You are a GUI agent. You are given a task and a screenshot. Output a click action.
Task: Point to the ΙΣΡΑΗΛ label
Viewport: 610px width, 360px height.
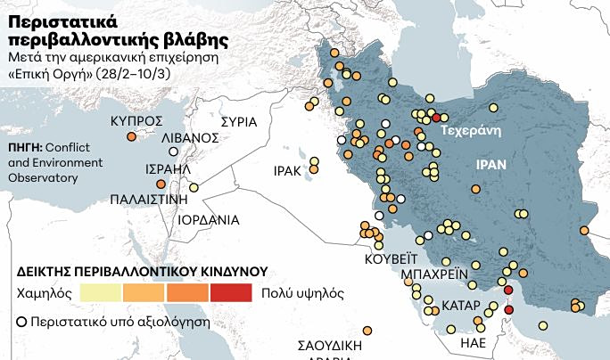pos(167,168)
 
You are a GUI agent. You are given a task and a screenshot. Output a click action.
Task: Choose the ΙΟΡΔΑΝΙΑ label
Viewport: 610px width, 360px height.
pos(209,218)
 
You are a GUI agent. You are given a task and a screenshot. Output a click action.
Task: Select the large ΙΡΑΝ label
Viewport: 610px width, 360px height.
pos(490,165)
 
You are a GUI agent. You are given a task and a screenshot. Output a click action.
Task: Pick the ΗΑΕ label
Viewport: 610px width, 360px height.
pos(473,342)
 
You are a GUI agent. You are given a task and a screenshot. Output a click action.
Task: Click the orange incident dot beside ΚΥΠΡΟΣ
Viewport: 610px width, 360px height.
pos(131,137)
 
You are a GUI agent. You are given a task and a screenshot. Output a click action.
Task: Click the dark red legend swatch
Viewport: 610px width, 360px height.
pos(232,291)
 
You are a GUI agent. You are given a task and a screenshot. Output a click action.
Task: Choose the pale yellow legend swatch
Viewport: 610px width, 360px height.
pos(101,291)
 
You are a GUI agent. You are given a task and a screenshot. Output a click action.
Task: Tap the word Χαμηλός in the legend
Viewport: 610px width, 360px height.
pos(43,291)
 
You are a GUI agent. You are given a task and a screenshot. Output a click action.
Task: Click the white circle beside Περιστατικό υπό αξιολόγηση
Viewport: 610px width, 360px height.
pos(21,318)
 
